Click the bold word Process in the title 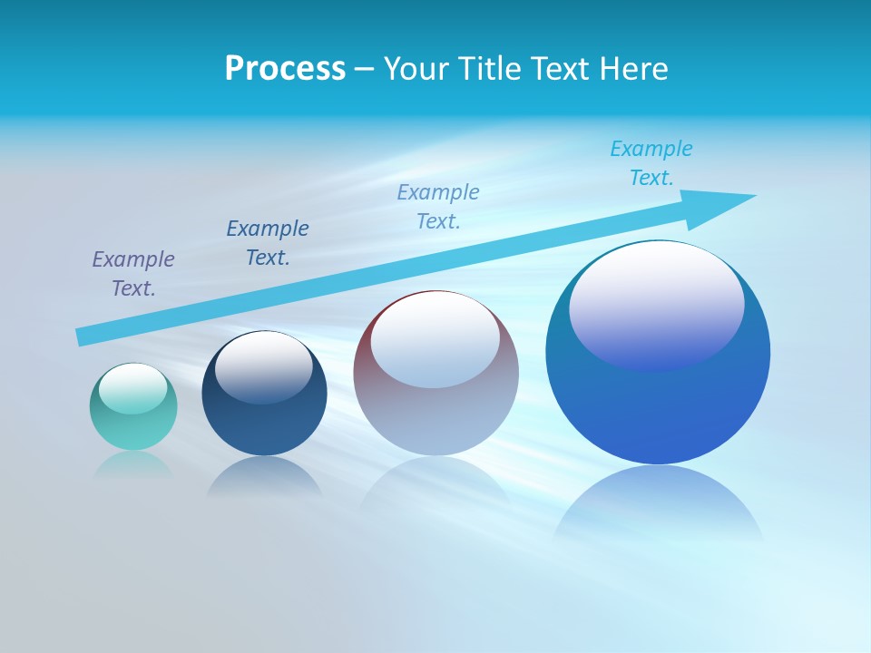(285, 69)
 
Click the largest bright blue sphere (658, 408)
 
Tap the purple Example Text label (133, 273)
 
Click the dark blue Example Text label (268, 242)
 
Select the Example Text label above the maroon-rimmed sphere (438, 206)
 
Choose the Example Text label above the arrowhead (651, 162)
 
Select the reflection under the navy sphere (264, 476)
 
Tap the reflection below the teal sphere (133, 464)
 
